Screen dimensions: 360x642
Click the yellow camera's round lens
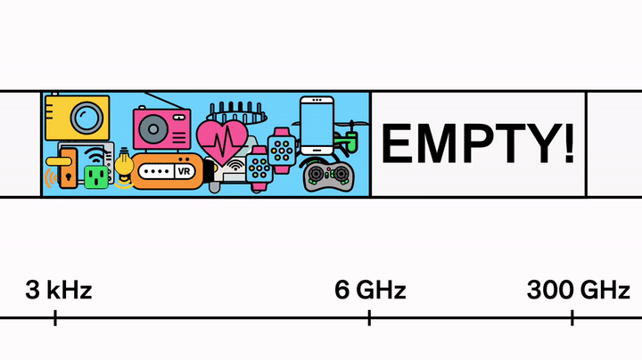86,117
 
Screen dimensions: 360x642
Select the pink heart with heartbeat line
224,138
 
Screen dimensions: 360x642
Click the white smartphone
317,126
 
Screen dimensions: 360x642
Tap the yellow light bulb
122,163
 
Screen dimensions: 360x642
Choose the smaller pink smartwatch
259,168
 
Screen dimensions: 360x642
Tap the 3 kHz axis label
59,290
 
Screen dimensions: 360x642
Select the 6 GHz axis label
370,290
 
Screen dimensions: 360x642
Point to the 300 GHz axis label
578,290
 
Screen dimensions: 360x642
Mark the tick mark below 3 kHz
55,317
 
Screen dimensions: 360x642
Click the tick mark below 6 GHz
369,317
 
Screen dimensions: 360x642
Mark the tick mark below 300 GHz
572,317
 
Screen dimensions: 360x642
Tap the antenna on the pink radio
169,101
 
